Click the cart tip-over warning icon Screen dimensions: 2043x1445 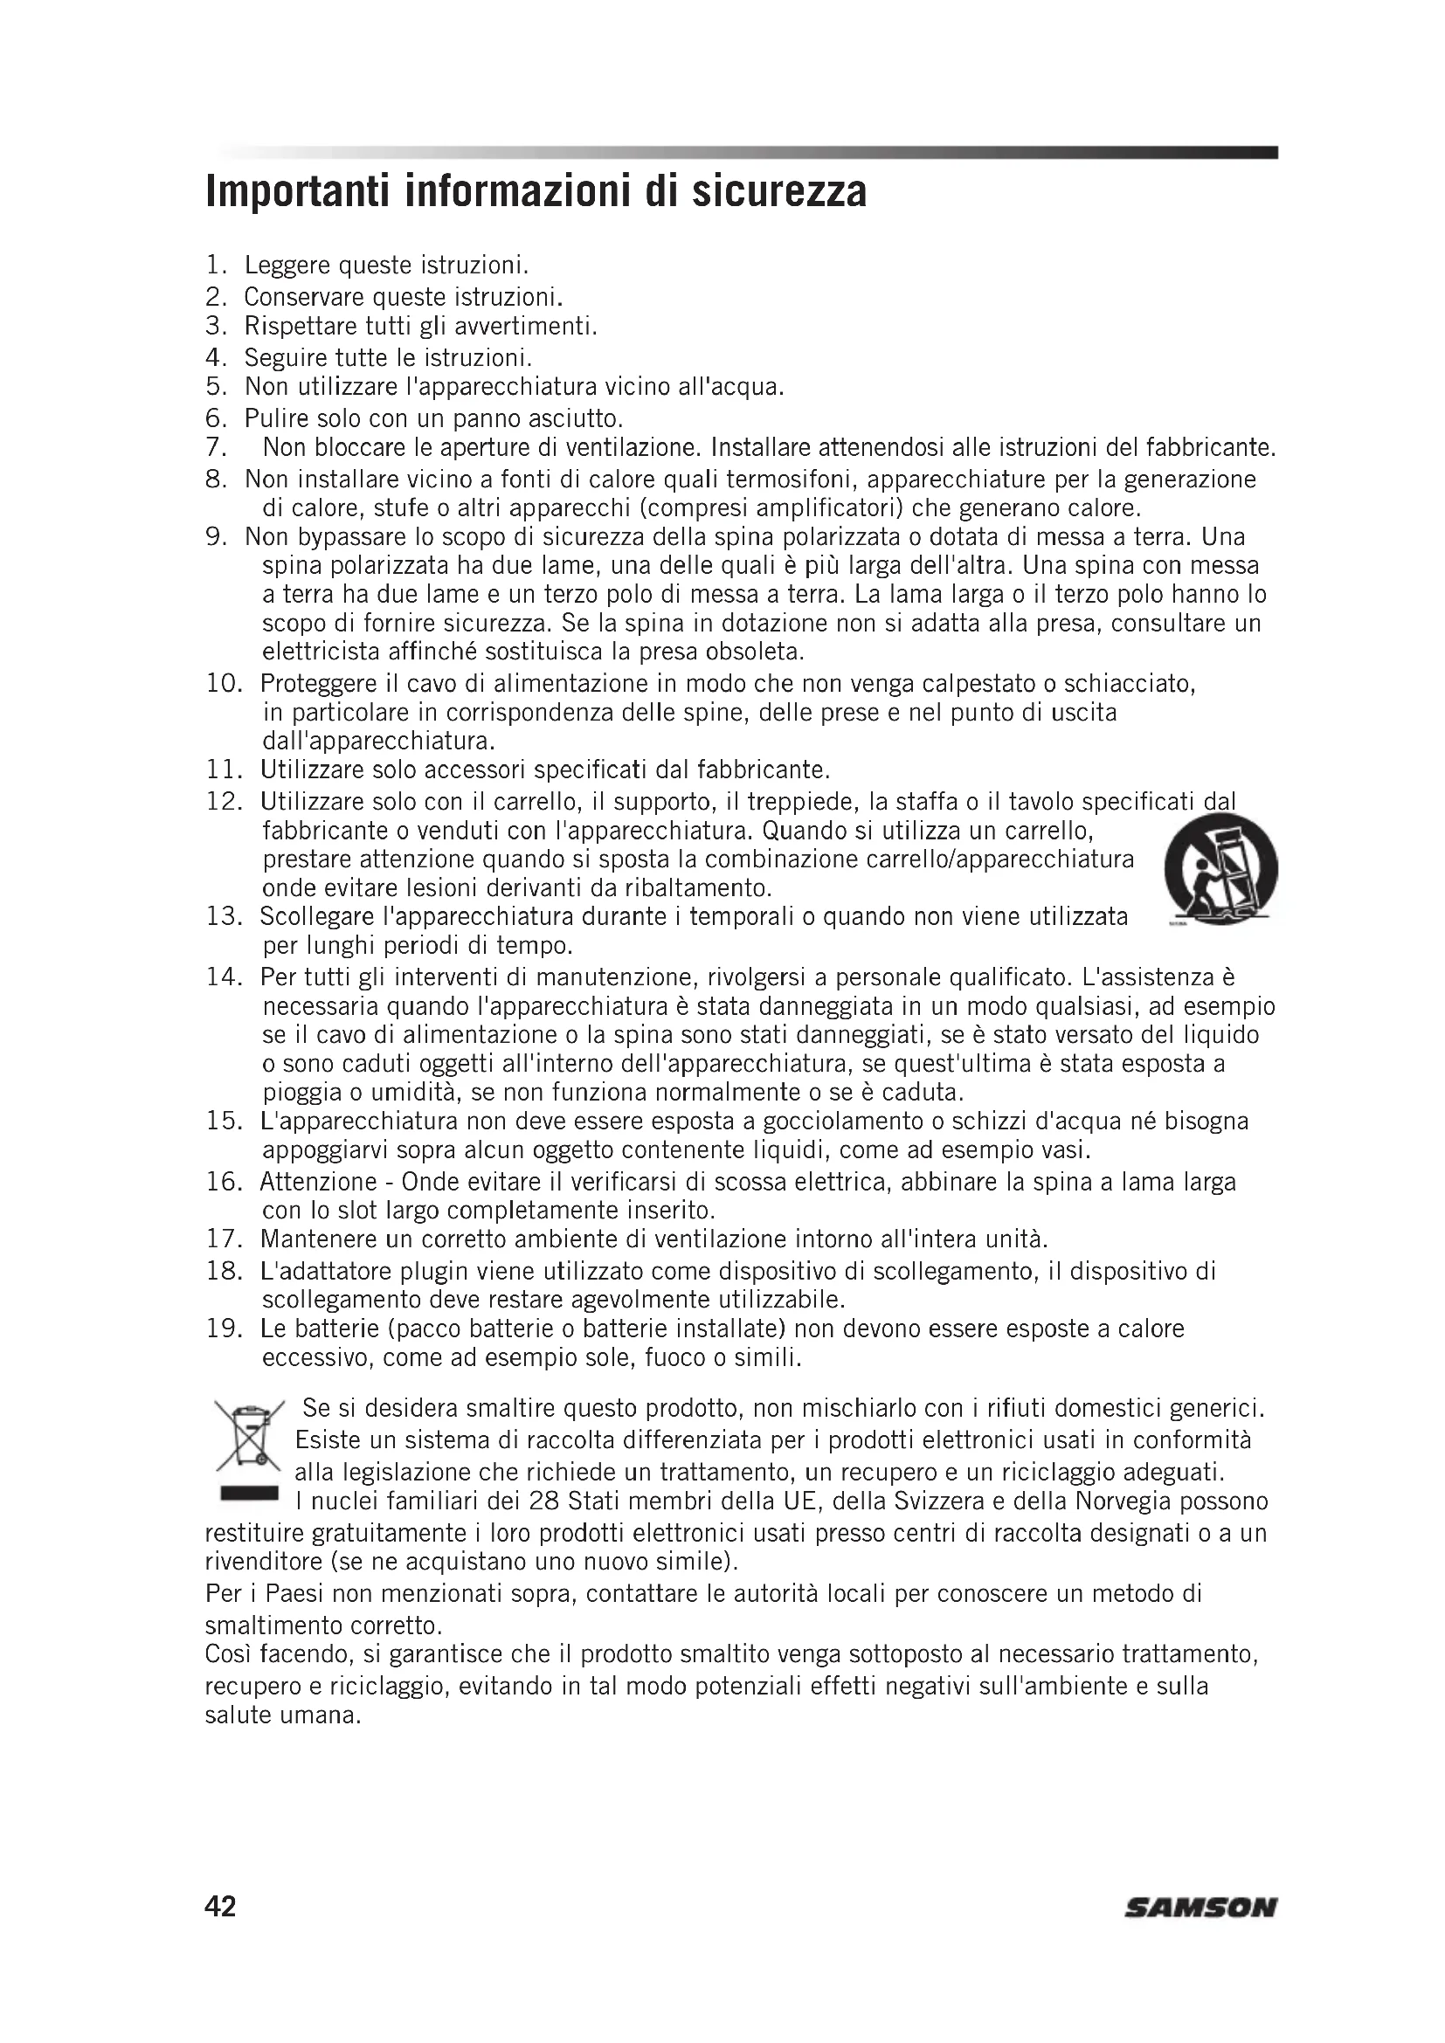point(1220,867)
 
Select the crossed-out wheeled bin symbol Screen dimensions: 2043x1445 point(248,1435)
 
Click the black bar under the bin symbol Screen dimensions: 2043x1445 point(248,1493)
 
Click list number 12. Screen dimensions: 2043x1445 point(225,802)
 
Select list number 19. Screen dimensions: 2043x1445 point(225,1329)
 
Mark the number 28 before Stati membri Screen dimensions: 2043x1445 point(543,1502)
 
